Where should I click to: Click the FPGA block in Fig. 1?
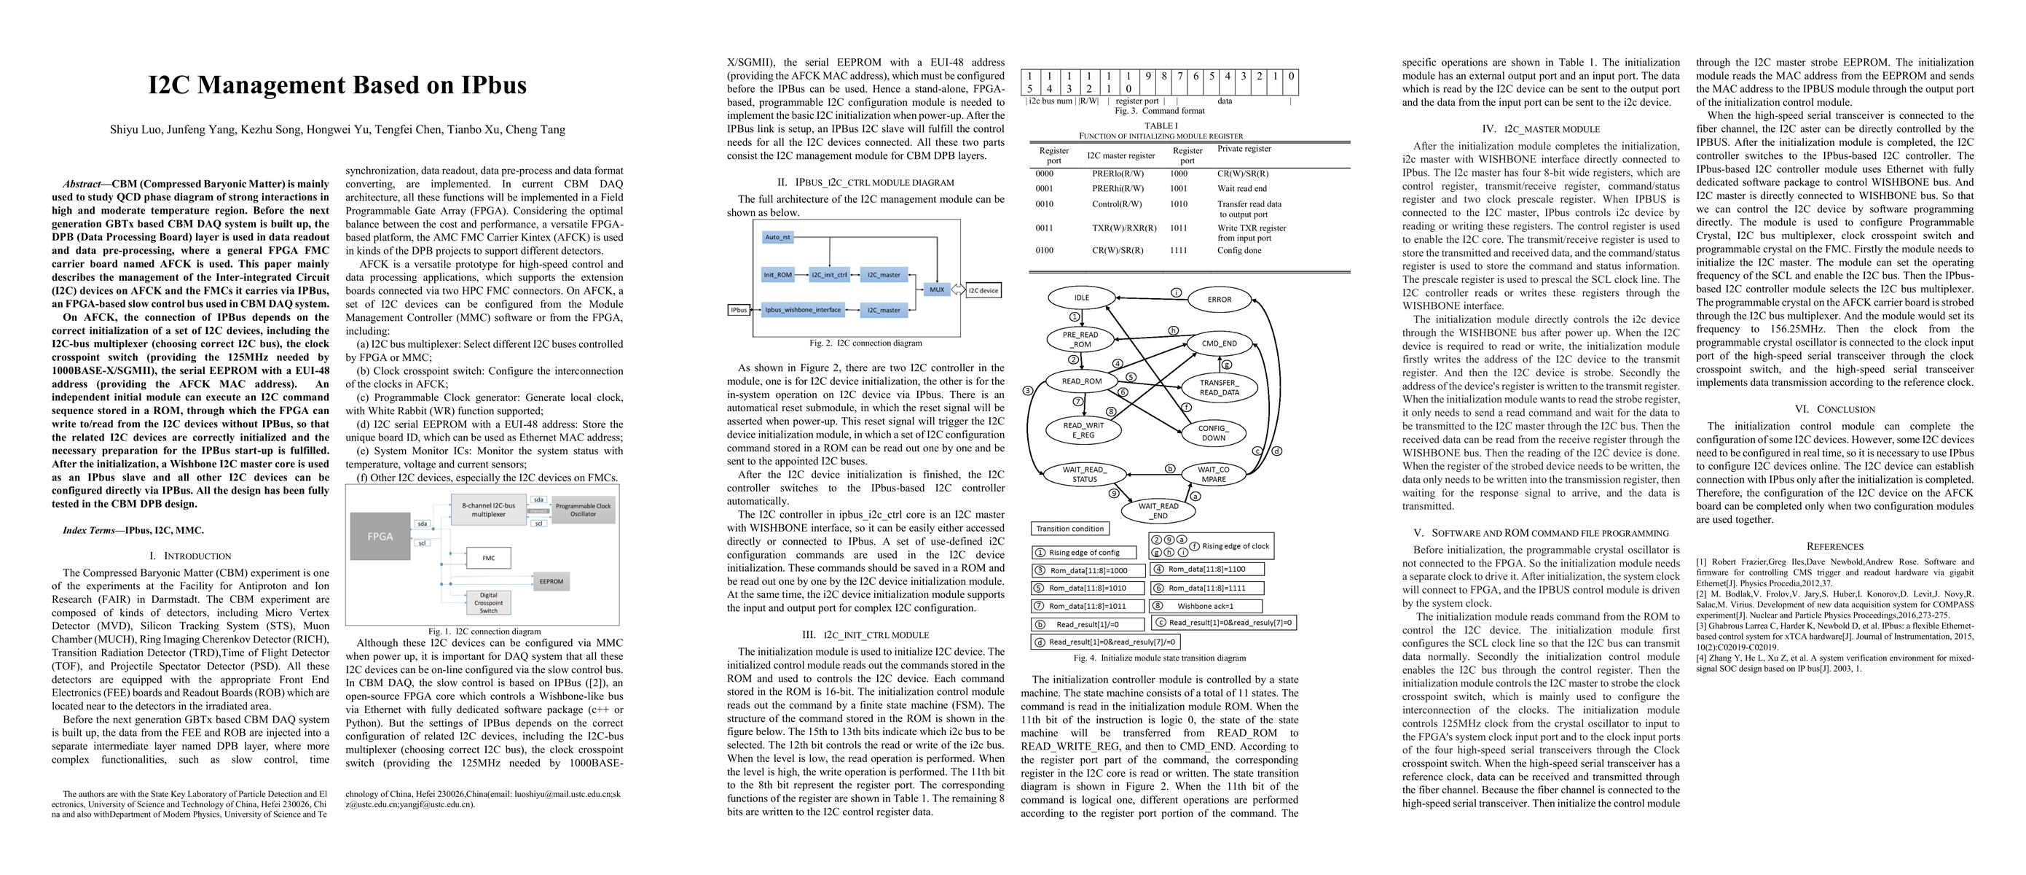pyautogui.click(x=380, y=536)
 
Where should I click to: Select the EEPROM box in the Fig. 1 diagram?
pyautogui.click(x=551, y=581)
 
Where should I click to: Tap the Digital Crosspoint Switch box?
pyautogui.click(x=488, y=603)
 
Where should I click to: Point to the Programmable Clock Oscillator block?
pyautogui.click(x=583, y=510)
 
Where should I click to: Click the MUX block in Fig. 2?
pyautogui.click(x=936, y=289)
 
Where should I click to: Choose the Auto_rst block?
pyautogui.click(x=778, y=237)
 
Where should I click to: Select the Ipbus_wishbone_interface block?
pyautogui.click(x=803, y=310)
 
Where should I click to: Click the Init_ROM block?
pyautogui.click(x=778, y=275)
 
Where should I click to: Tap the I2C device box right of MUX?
pyautogui.click(x=983, y=290)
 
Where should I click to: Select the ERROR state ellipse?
pyautogui.click(x=1219, y=299)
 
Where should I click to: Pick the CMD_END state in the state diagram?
pyautogui.click(x=1219, y=343)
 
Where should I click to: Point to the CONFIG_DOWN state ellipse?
pyautogui.click(x=1213, y=433)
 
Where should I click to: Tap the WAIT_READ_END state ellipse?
pyautogui.click(x=1158, y=510)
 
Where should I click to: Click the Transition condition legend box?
pyautogui.click(x=1069, y=529)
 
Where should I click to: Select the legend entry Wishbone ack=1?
pyautogui.click(x=1206, y=606)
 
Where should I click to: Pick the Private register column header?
pyautogui.click(x=1244, y=149)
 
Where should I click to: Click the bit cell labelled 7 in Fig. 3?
pyautogui.click(x=1179, y=77)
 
